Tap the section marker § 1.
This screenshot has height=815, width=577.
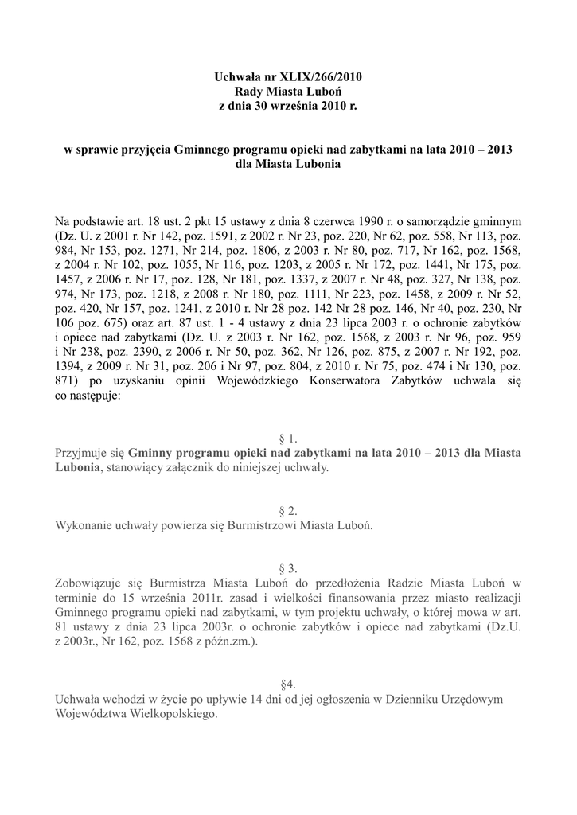point(288,439)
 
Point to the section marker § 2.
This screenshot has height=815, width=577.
point(288,511)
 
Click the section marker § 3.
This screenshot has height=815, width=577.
point(288,568)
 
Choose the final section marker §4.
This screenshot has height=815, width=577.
point(288,684)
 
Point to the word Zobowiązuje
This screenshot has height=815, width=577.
point(90,583)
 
